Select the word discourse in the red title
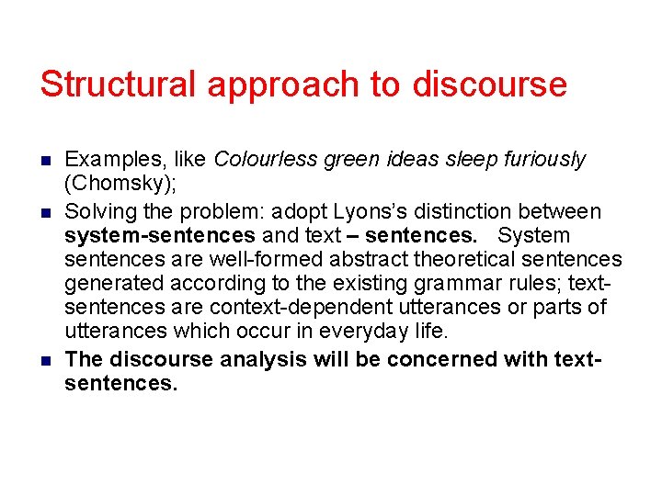click(x=489, y=85)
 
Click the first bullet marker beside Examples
click(x=46, y=160)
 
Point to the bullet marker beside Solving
click(x=46, y=212)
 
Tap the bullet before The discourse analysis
click(x=46, y=359)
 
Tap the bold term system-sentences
click(x=160, y=235)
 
